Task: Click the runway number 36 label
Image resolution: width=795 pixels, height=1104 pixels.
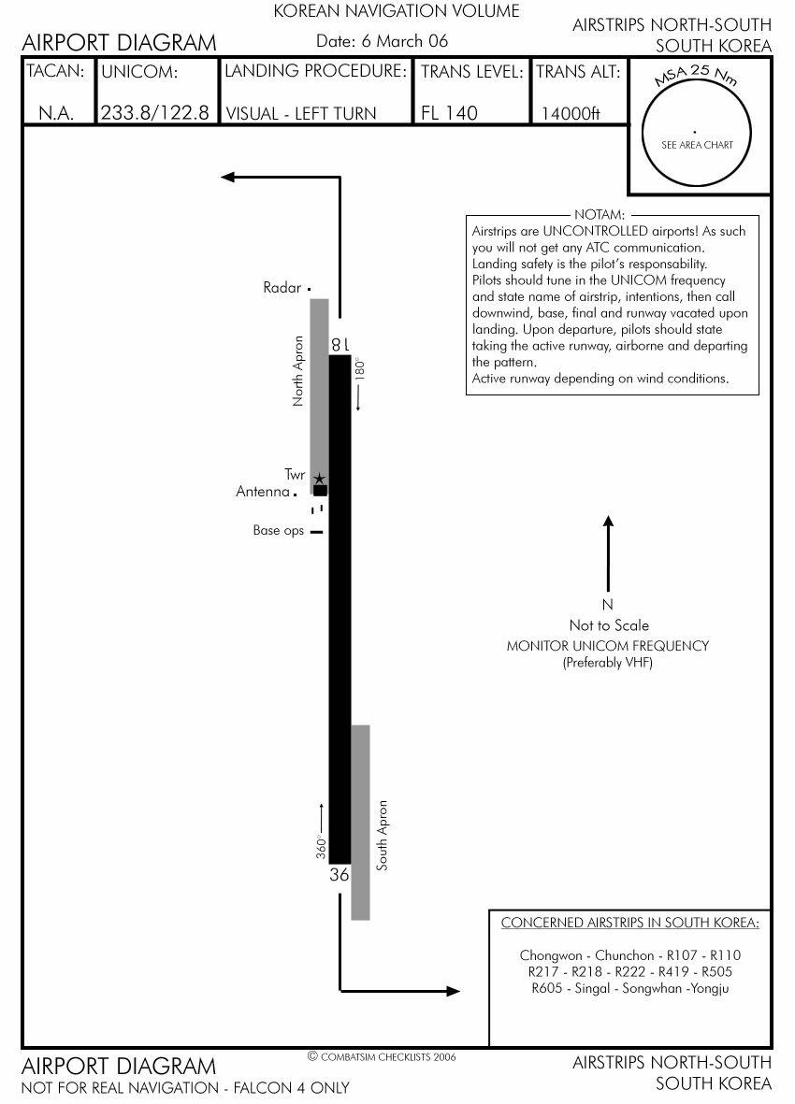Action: click(x=340, y=876)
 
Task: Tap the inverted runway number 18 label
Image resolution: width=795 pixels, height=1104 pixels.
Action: click(x=340, y=344)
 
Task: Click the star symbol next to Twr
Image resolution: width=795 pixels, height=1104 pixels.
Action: click(x=319, y=478)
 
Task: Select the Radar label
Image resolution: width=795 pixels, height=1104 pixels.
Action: click(x=282, y=288)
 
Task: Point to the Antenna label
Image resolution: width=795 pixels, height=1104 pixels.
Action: click(x=262, y=492)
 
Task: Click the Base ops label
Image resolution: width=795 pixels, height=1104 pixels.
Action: click(x=279, y=531)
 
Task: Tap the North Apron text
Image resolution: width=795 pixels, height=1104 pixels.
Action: click(x=299, y=370)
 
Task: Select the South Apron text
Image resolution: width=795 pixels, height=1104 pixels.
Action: click(x=382, y=836)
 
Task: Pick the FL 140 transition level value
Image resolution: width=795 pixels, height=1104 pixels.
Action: click(x=449, y=114)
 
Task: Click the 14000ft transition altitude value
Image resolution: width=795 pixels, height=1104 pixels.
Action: click(x=571, y=115)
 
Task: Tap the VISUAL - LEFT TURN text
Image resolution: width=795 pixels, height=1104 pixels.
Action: click(x=301, y=114)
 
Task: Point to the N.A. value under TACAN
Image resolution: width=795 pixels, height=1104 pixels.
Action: click(x=56, y=114)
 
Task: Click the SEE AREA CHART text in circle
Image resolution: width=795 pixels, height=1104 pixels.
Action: click(x=697, y=145)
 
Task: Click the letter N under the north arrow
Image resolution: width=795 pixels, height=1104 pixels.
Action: click(x=608, y=605)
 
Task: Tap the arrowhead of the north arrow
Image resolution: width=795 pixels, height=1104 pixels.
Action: click(x=608, y=522)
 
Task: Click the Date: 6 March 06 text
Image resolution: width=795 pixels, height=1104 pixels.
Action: click(x=382, y=41)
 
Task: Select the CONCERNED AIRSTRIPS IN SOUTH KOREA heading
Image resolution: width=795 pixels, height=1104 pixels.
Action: click(x=630, y=924)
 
